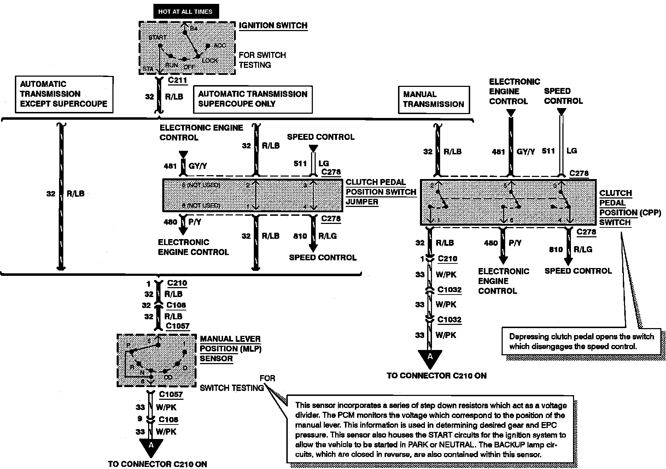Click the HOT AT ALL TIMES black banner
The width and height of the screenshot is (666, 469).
tap(185, 12)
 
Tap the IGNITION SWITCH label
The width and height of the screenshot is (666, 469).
tap(273, 25)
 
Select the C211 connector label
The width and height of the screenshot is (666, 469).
tap(177, 80)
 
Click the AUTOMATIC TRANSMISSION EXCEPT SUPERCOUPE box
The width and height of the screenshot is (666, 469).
tap(64, 94)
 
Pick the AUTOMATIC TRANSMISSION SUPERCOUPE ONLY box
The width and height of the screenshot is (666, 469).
tap(253, 99)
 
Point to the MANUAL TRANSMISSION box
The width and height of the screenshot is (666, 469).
tap(433, 99)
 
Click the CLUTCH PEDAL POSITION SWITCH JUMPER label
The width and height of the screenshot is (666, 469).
tap(380, 192)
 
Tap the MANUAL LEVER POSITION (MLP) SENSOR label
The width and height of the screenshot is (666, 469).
tap(230, 349)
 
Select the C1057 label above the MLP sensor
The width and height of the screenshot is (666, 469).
tap(177, 326)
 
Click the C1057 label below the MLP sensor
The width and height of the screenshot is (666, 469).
tap(171, 394)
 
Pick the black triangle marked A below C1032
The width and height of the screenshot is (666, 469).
tap(430, 357)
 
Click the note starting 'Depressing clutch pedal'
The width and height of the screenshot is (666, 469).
tap(581, 341)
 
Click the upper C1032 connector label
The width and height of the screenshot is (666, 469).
tap(449, 290)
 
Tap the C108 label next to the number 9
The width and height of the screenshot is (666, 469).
tap(168, 420)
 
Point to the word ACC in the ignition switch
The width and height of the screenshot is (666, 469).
tap(220, 46)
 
